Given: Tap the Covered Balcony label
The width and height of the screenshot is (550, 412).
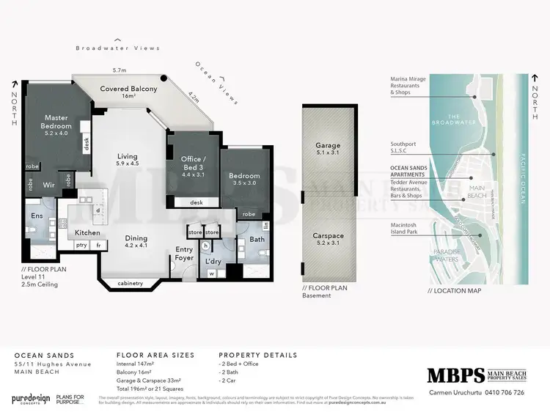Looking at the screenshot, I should click(128, 92).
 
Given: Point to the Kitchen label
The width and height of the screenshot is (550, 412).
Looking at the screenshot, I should click(87, 232).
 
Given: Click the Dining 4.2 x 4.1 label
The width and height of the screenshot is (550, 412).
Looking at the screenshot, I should click(136, 242).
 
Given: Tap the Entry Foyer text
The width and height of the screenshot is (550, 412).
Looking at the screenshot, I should click(184, 254).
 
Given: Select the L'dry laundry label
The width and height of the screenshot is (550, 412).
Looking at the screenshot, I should click(214, 262).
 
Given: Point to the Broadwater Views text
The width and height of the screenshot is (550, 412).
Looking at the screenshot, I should click(118, 48).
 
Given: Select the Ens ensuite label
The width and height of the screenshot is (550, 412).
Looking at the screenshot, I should click(35, 216).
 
